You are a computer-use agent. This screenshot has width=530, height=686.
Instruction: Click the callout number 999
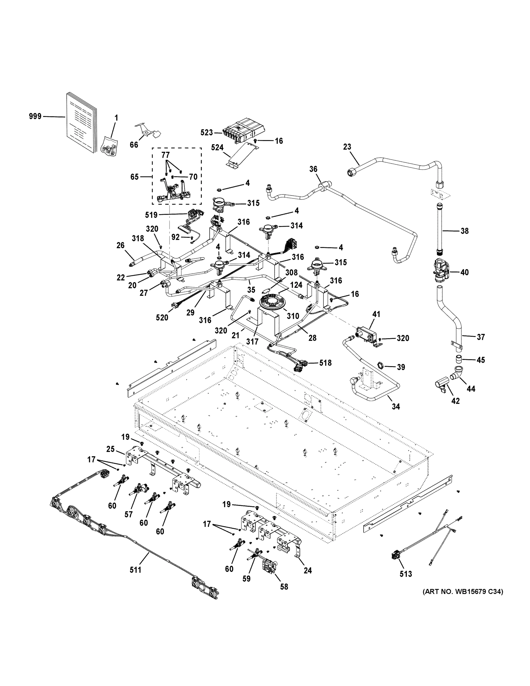35,117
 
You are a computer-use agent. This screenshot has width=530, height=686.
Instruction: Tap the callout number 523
207,133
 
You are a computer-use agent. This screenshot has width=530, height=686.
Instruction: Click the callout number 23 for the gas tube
347,147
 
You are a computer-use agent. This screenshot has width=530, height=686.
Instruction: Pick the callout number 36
313,169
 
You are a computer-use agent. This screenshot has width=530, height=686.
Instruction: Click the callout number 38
464,231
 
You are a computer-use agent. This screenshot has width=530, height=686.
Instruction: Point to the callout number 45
481,360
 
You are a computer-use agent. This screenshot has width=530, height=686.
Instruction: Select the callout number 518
325,363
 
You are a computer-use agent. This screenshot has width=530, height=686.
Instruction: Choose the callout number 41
376,314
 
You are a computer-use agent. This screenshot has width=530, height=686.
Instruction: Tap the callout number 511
135,570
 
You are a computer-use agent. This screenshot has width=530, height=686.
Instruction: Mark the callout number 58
284,587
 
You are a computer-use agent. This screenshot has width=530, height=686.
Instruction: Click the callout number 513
405,574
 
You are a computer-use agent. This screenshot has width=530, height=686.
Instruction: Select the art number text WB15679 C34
463,592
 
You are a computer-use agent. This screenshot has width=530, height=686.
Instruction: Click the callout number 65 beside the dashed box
134,177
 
